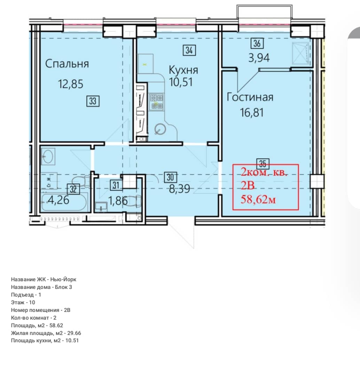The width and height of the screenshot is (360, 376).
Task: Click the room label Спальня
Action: tap(67, 64)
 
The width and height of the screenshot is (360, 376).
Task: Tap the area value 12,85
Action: tap(71, 84)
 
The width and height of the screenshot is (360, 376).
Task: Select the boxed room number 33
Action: tap(93, 101)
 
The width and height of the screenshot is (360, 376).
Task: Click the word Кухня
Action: tap(183, 70)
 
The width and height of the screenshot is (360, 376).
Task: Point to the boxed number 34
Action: tap(189, 50)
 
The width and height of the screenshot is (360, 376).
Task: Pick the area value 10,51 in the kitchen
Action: tap(181, 82)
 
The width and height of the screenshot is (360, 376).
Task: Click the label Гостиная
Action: tap(250, 97)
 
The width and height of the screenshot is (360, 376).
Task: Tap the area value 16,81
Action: tap(252, 112)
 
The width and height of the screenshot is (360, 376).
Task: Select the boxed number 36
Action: tap(257, 44)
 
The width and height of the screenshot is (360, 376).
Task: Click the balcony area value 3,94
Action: tap(259, 58)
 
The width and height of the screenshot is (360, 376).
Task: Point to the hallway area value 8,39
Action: tap(180, 189)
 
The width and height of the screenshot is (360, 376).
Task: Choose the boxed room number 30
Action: tap(171, 177)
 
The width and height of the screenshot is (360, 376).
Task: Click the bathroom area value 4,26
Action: tap(58, 200)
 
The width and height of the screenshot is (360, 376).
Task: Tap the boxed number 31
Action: tap(116, 185)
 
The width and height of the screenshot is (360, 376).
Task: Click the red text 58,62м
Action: tap(258, 199)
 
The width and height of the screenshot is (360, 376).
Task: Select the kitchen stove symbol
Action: tap(157, 102)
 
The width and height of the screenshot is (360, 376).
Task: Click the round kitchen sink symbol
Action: tap(160, 130)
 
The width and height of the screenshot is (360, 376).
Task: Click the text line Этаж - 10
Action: tap(23, 303)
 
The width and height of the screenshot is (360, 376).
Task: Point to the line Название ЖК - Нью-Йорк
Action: tap(44, 280)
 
